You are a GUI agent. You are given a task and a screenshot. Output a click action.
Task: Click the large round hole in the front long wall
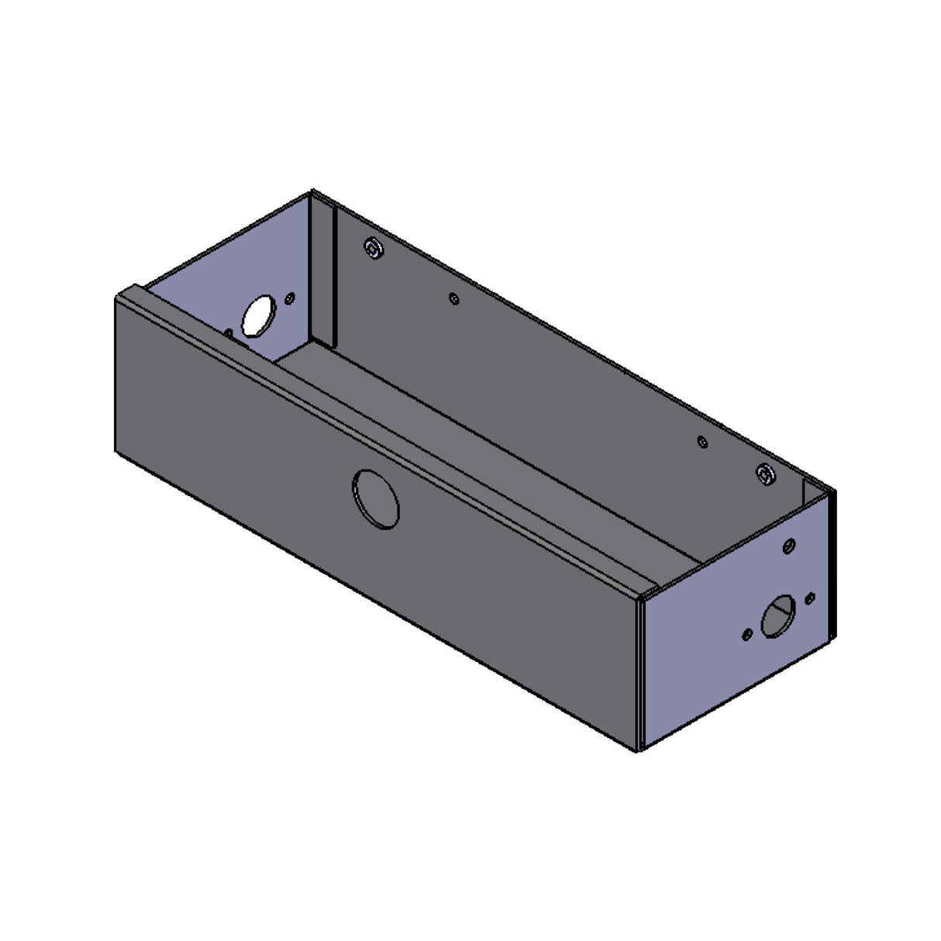[376, 499]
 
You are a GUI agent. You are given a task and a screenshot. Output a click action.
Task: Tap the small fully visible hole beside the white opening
[291, 295]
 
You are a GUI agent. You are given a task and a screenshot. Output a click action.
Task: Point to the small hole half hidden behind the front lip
[229, 333]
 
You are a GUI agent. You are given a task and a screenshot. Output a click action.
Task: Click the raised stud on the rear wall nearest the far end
[374, 247]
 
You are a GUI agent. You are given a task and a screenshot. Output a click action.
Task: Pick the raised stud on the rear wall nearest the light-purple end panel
[764, 473]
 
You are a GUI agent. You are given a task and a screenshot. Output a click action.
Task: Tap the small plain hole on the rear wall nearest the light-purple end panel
[702, 441]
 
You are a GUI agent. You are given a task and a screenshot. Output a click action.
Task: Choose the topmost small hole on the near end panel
[788, 545]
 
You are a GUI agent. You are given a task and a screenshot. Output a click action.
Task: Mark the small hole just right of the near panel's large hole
[810, 598]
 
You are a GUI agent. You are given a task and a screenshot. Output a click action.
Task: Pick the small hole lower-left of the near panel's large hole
[746, 634]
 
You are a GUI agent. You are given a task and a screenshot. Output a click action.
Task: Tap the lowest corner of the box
[639, 751]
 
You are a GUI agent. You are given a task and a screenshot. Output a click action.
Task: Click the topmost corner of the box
[312, 190]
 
